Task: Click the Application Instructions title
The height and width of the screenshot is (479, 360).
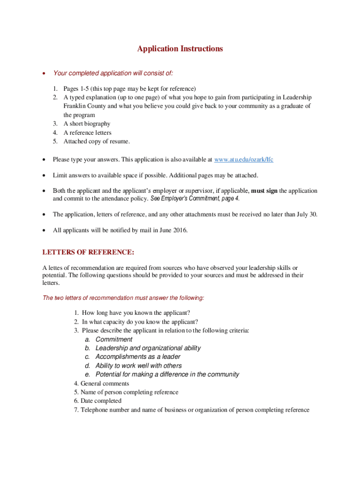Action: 180,49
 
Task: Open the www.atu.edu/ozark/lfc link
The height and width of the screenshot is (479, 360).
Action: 243,160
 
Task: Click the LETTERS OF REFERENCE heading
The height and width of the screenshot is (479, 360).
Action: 88,253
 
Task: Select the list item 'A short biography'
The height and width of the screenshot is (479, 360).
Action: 87,124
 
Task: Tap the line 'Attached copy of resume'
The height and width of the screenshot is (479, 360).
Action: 97,142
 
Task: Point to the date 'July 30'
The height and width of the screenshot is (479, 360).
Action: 307,214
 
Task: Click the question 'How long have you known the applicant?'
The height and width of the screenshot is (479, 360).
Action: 136,313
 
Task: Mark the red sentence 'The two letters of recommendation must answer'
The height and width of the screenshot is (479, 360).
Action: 123,298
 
